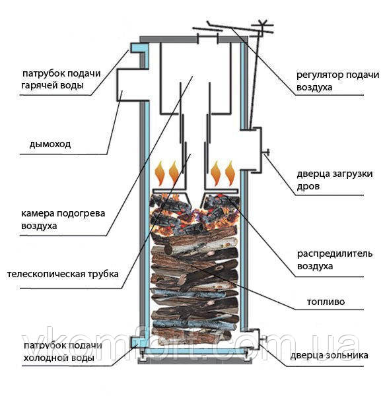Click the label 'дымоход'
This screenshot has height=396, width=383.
50,143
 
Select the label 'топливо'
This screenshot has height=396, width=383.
326,302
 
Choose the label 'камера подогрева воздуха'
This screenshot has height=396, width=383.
59,219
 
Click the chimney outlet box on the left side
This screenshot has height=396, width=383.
129,84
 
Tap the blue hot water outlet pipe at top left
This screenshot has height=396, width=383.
137,48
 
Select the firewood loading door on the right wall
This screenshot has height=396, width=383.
254,152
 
